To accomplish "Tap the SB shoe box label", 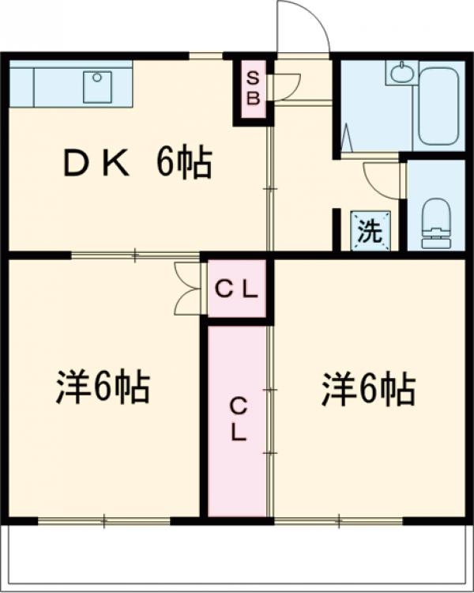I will [x=253, y=87].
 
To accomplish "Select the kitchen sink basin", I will [x=99, y=77].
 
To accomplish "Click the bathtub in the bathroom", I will [x=439, y=104].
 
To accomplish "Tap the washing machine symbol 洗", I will [x=371, y=231].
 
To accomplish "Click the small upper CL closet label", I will [x=237, y=290].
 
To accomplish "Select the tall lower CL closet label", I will [x=238, y=419].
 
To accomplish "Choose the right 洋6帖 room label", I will [x=368, y=389].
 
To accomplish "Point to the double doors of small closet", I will [x=190, y=289].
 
